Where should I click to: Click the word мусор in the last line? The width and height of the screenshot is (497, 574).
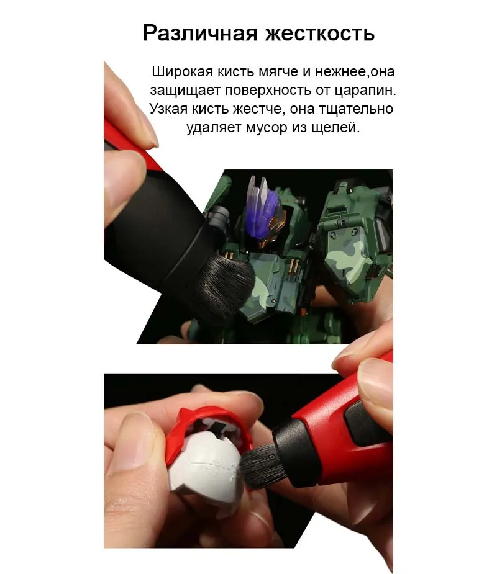pos(283,128)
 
